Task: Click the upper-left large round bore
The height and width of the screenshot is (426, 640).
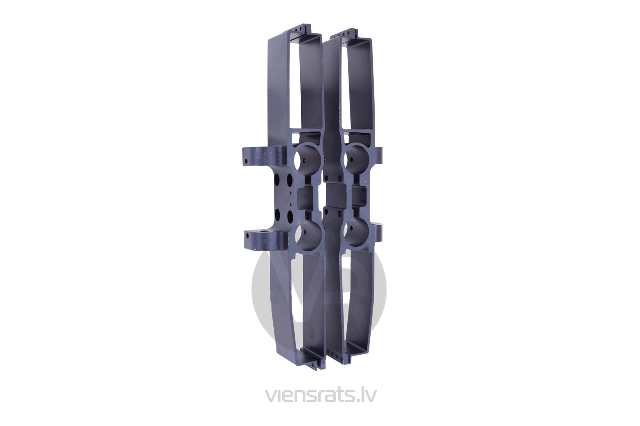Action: pos(308,159)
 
